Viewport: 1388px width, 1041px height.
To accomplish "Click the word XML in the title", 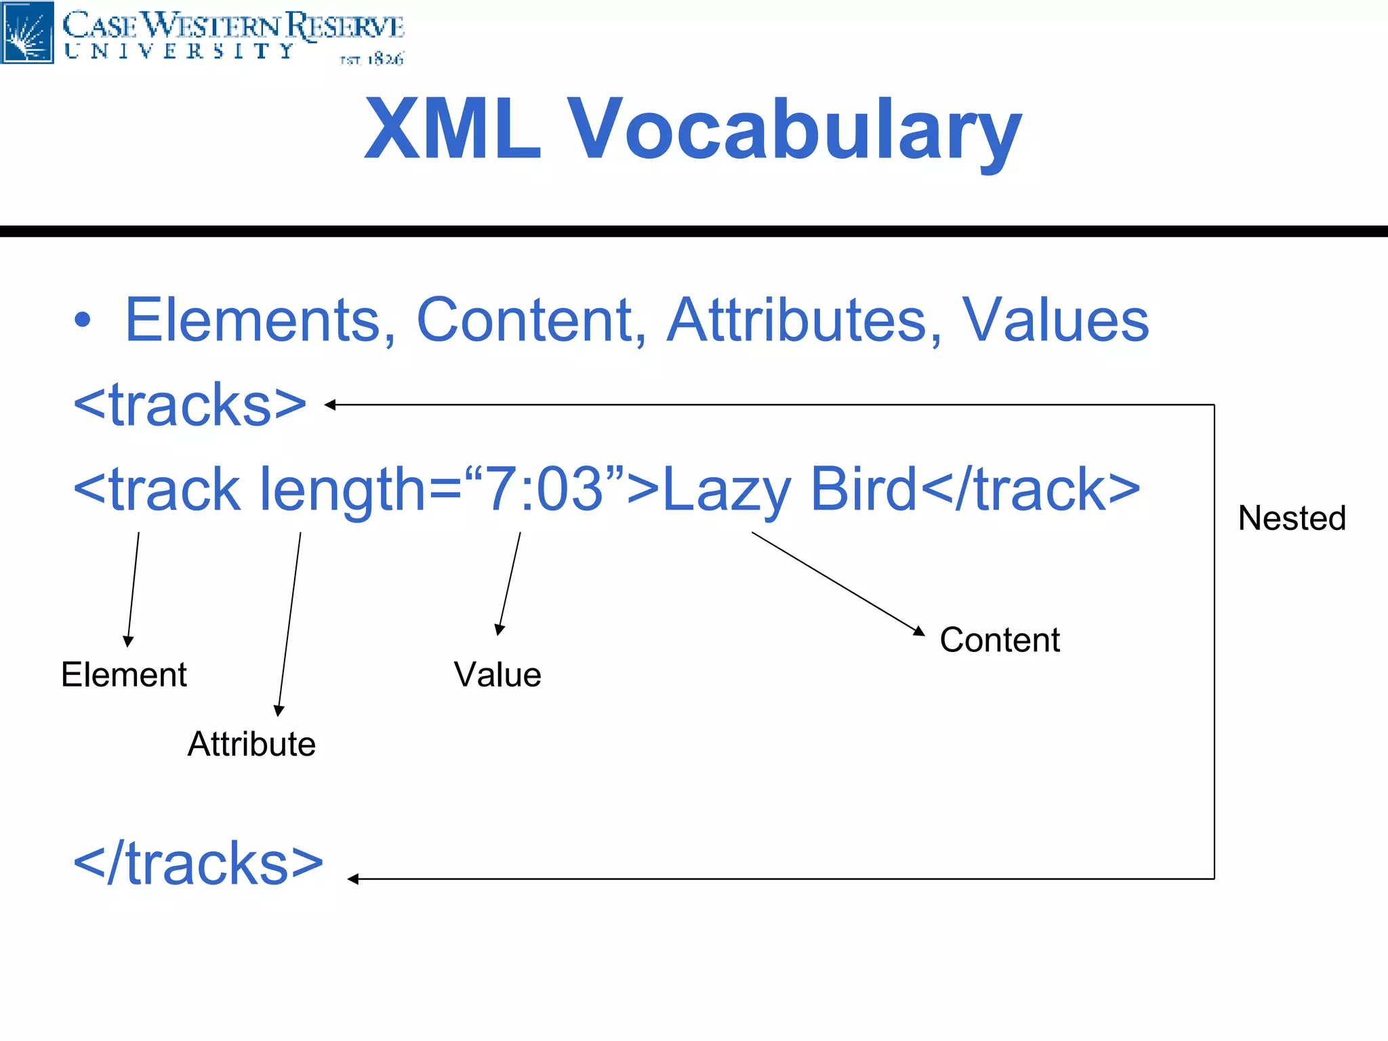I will [452, 129].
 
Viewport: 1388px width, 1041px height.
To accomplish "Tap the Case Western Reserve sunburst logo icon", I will [27, 33].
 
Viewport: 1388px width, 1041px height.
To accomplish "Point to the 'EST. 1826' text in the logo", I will [371, 60].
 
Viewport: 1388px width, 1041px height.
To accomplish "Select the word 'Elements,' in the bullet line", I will [260, 320].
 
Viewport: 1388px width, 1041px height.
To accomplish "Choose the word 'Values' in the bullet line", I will [1055, 320].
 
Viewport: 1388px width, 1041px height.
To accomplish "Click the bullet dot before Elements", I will [82, 320].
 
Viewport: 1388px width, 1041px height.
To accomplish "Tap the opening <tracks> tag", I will [190, 405].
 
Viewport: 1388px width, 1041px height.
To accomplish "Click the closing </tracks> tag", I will [199, 864].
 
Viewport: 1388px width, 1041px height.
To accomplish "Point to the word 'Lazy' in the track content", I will [727, 489].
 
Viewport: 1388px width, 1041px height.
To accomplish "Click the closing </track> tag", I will [1031, 489].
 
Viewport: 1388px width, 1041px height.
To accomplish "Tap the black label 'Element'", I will [124, 675].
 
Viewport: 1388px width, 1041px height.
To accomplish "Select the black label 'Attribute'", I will [251, 744].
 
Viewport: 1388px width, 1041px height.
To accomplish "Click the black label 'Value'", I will [497, 675].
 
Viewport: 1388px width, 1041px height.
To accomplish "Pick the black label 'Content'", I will [1000, 640].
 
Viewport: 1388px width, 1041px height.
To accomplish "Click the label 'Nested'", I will [1292, 518].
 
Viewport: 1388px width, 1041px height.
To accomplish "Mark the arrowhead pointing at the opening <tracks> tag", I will [331, 405].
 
